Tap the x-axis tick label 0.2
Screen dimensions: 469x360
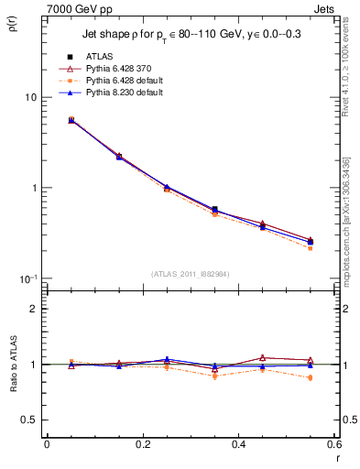pyautogui.click(x=142, y=445)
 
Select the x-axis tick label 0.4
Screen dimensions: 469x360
pyautogui.click(x=238, y=445)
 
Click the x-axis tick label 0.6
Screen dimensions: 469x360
pyautogui.click(x=333, y=445)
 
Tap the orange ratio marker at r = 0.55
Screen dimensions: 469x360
pyautogui.click(x=310, y=377)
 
